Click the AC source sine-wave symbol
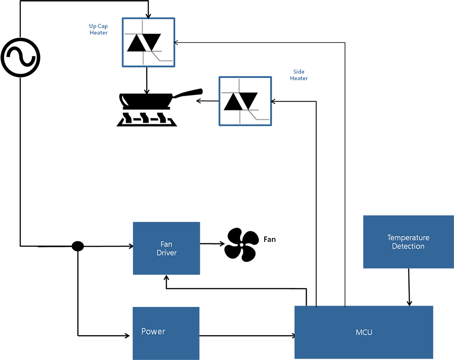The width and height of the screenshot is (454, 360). coord(20,57)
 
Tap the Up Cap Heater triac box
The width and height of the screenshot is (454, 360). coord(148,43)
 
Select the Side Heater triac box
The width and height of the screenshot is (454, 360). coord(245,101)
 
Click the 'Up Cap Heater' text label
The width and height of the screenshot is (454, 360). coord(99,30)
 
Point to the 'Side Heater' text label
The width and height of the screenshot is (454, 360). coord(299,75)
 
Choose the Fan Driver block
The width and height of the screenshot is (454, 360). coord(166,248)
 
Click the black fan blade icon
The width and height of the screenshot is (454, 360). coord(242,244)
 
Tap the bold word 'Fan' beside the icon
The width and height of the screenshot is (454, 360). coord(270,239)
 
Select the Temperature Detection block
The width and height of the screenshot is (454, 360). coord(408,242)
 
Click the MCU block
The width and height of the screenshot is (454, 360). coord(364,332)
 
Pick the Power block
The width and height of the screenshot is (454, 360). coord(166,333)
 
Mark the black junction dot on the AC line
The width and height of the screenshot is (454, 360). coord(78,246)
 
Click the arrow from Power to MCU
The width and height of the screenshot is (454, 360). coord(247,336)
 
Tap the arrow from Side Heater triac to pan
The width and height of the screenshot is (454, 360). coord(207,101)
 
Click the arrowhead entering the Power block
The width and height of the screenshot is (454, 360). coord(128,336)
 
